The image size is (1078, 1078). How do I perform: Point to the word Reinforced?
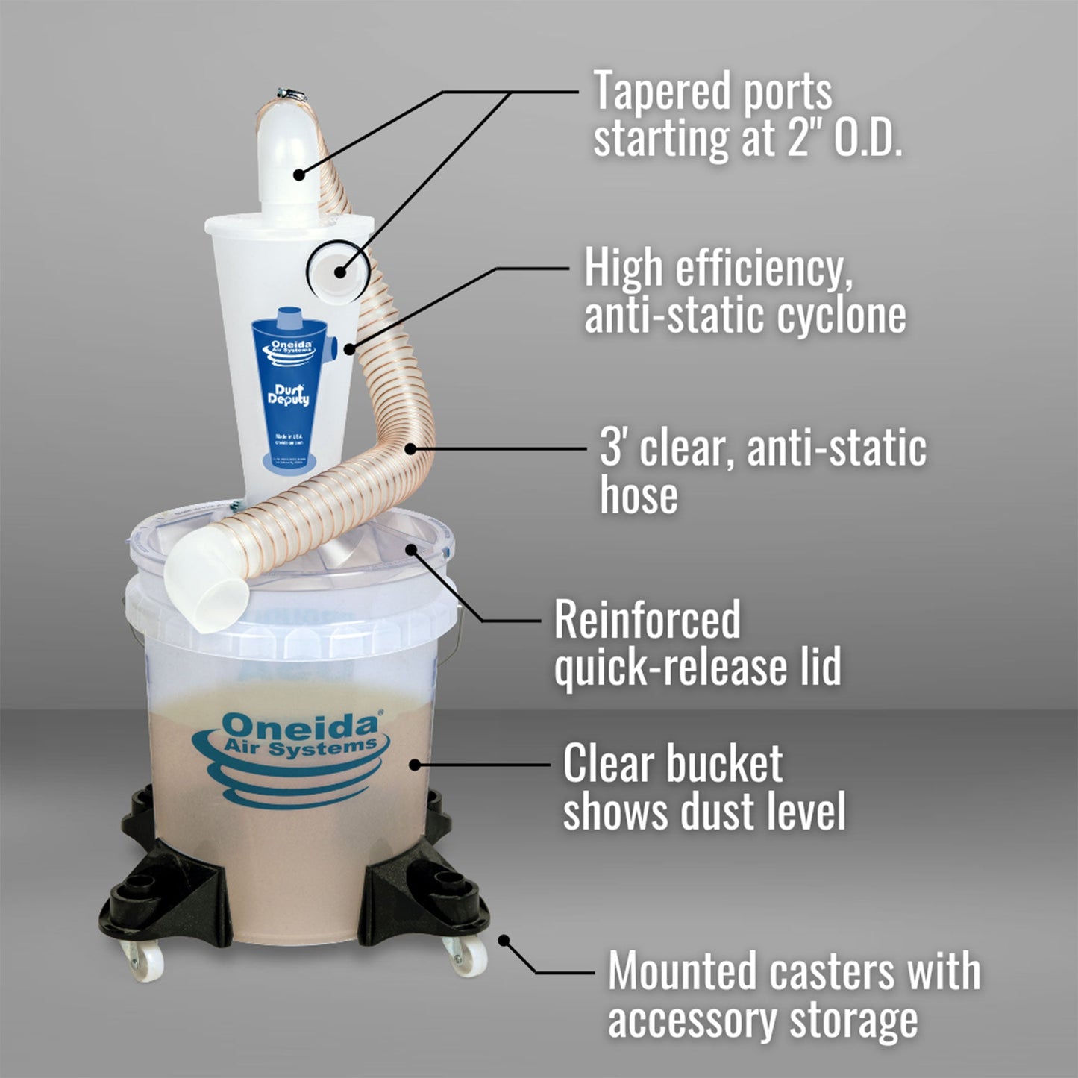(x=647, y=620)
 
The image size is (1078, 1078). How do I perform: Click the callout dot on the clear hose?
(x=410, y=448)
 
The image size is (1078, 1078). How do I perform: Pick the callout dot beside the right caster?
(x=504, y=940)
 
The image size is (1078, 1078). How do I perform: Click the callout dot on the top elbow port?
(x=298, y=175)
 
